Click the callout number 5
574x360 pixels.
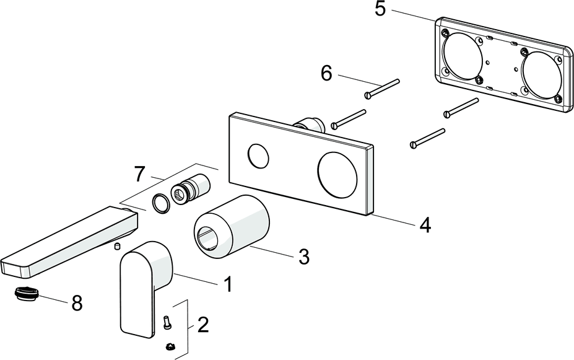380,11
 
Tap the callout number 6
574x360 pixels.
326,73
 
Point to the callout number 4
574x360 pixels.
424,224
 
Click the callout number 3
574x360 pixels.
303,257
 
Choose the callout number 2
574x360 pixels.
202,325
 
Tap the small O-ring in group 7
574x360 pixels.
160,202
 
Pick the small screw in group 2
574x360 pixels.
166,322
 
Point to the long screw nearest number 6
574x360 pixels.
382,87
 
